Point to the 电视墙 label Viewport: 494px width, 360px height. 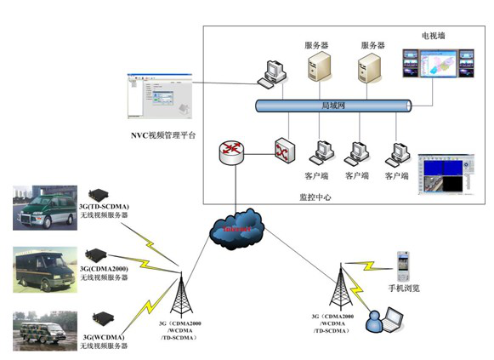click(x=434, y=36)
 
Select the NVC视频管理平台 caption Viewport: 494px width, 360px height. click(x=164, y=135)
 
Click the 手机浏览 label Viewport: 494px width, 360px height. click(x=404, y=289)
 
